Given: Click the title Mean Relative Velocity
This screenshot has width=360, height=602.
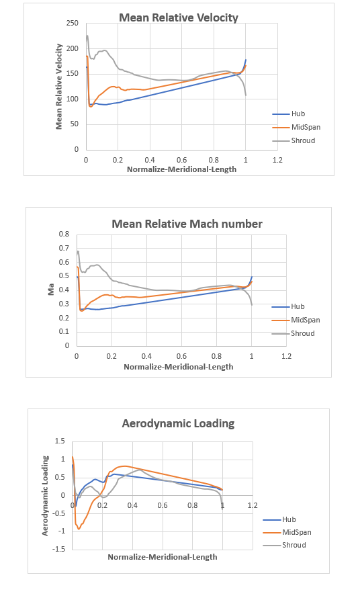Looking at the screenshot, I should pyautogui.click(x=178, y=17).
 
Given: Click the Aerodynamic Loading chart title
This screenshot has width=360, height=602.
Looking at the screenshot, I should pyautogui.click(x=178, y=423).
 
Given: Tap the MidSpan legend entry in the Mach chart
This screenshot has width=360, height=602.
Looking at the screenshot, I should pyautogui.click(x=302, y=320).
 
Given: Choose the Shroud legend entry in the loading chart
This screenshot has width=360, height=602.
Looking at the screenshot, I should pyautogui.click(x=294, y=545).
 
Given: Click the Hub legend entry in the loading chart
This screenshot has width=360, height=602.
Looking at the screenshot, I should pyautogui.click(x=290, y=519).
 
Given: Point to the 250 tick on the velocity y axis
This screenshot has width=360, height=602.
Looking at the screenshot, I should pyautogui.click(x=74, y=24).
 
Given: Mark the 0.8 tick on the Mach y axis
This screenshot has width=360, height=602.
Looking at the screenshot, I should pyautogui.click(x=64, y=234).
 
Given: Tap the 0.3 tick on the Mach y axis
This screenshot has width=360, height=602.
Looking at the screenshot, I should pyautogui.click(x=64, y=304).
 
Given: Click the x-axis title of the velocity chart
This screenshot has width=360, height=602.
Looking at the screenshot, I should pyautogui.click(x=182, y=169).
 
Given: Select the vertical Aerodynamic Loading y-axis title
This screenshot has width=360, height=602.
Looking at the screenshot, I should pyautogui.click(x=46, y=495).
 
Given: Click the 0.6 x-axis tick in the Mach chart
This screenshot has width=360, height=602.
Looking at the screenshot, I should pyautogui.click(x=181, y=356).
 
